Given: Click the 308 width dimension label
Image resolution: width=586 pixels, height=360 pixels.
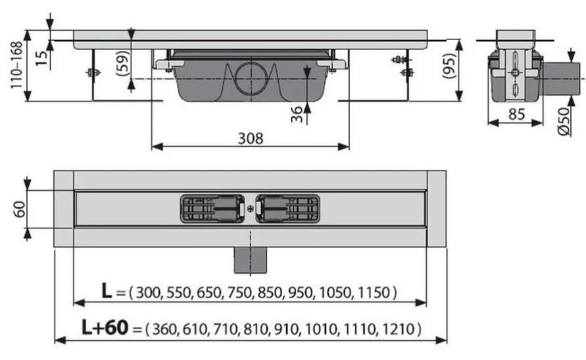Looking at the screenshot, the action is coord(251,138).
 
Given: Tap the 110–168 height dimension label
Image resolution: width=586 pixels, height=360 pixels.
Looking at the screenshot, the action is coord(16,65).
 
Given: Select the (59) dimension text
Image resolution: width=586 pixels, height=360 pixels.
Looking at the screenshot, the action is coord(123,63).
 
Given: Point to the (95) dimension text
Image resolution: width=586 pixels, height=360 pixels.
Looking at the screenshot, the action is coord(450,66).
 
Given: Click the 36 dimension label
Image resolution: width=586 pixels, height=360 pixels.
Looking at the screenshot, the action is coord(297,114).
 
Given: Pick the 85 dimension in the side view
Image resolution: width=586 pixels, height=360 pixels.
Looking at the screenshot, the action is coord(516,115).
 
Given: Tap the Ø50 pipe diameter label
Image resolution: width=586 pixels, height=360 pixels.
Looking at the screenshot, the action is coord(563,122).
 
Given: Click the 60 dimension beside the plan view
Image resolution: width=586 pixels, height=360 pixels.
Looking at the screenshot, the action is coord(20,209).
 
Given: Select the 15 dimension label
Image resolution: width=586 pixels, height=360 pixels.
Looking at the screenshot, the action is coord(41,58).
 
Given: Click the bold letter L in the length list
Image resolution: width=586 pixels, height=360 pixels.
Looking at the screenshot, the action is coord(107,290).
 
